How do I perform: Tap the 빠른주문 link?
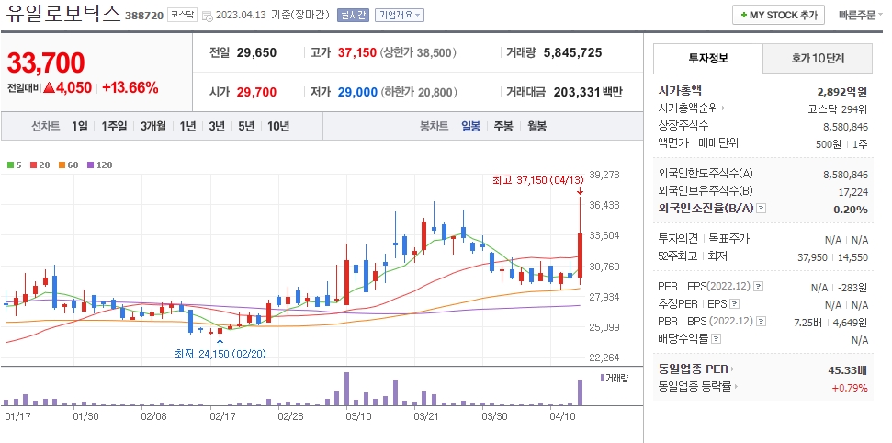tap(858, 16)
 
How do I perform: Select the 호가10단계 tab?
tap(818, 58)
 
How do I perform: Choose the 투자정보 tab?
tap(707, 58)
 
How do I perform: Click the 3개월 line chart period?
tap(153, 126)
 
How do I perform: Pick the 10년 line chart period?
tap(278, 126)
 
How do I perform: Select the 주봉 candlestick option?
tap(503, 126)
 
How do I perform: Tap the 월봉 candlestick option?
tap(536, 126)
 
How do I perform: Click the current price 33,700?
tap(46, 62)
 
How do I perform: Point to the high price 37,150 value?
tap(357, 52)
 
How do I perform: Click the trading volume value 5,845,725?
tap(572, 52)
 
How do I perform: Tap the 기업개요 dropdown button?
tap(400, 16)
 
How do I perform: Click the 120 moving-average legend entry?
tap(100, 165)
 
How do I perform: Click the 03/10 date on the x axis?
tap(357, 415)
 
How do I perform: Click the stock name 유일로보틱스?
tap(62, 15)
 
